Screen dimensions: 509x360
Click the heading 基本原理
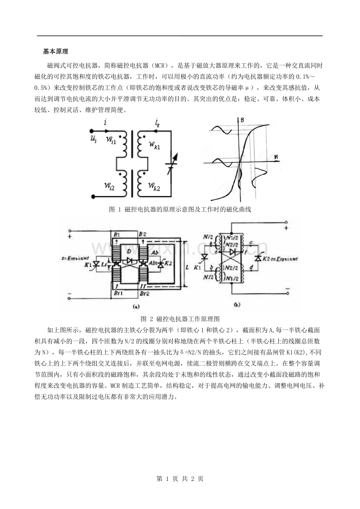[56, 52]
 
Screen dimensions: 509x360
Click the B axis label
[243, 121]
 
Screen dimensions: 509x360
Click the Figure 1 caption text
[180, 210]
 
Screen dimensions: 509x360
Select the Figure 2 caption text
[180, 318]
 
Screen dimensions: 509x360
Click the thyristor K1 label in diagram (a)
[87, 265]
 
